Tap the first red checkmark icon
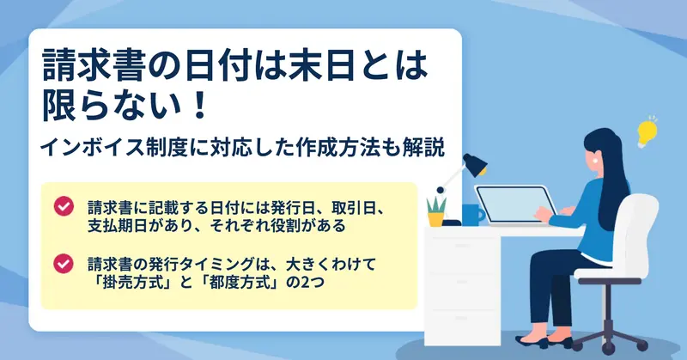click(64, 206)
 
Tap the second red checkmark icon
click(64, 264)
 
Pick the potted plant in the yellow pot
click(436, 212)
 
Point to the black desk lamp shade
click(475, 164)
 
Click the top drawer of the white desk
click(462, 248)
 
